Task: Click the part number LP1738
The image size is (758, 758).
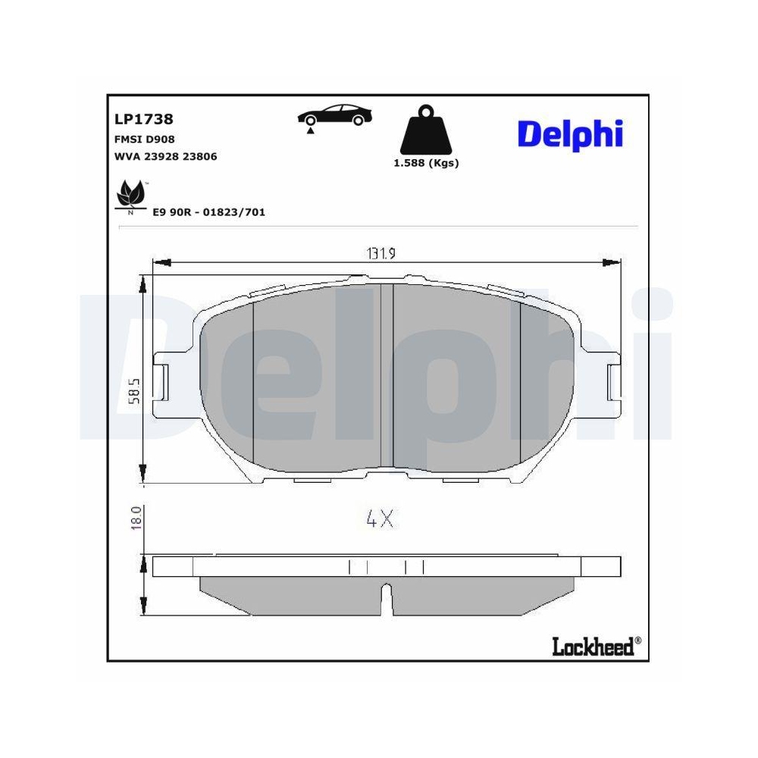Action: (x=143, y=119)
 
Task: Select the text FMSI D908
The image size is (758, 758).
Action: (x=144, y=140)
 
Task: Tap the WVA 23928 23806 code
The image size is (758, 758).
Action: (x=165, y=157)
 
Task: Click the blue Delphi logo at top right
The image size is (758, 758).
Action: (x=570, y=134)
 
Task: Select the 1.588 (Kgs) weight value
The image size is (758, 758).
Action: (x=426, y=163)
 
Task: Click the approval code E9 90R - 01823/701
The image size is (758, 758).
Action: (x=208, y=212)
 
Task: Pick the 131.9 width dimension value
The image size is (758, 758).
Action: (x=382, y=254)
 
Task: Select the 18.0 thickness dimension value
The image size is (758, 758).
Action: (x=136, y=519)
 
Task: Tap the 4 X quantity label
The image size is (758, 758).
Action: (x=379, y=519)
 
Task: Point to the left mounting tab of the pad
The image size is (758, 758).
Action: (x=161, y=381)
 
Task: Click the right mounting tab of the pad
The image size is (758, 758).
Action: (x=614, y=381)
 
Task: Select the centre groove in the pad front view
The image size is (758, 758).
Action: (x=393, y=375)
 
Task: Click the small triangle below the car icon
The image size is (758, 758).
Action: (x=310, y=131)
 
